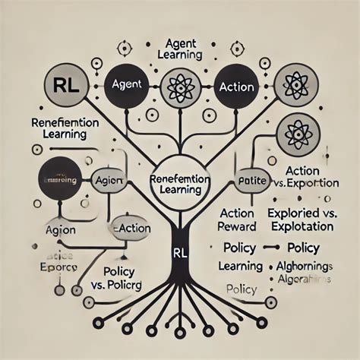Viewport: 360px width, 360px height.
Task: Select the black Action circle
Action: pyautogui.click(x=235, y=87)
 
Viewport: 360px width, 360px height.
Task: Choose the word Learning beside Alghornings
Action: pyautogui.click(x=240, y=267)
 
